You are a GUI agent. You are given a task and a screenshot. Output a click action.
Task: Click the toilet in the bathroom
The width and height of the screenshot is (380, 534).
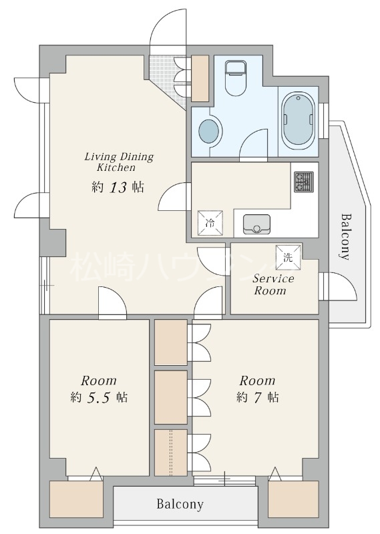tap(236, 78)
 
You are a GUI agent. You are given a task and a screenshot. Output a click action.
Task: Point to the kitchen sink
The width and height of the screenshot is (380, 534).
tap(256, 224)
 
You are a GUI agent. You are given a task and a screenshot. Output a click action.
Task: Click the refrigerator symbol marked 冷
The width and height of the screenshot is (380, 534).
tap(210, 223)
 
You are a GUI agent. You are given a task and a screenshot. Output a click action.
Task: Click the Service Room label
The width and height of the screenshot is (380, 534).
tap(273, 284)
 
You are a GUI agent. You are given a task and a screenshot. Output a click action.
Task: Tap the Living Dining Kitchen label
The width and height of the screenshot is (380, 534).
tap(119, 162)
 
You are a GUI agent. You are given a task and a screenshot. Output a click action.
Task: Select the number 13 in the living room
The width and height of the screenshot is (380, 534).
tap(118, 188)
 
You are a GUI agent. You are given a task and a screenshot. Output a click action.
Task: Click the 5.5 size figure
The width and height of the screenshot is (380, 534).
tap(99, 397)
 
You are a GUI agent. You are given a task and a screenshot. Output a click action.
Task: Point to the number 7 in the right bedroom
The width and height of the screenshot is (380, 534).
tap(257, 397)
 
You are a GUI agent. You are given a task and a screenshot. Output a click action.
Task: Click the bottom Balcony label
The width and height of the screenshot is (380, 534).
tap(180, 504)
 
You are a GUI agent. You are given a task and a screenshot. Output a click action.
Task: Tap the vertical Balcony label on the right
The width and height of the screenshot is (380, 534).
tap(346, 237)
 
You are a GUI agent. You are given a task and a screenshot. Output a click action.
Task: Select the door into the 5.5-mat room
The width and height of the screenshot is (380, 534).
tap(112, 303)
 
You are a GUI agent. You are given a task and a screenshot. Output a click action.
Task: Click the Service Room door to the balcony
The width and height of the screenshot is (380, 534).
tap(338, 286)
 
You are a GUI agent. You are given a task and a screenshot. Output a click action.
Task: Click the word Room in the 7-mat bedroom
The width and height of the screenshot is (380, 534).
tap(257, 380)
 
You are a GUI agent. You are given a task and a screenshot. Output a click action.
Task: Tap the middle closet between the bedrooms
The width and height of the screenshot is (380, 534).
tap(171, 397)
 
